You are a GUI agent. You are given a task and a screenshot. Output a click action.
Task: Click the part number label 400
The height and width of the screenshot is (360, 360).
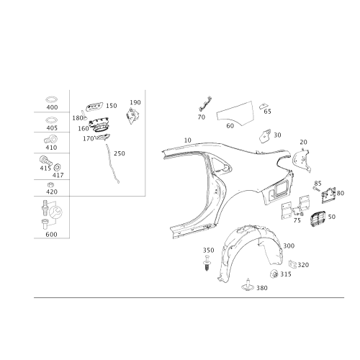pyautogui.click(x=52, y=107)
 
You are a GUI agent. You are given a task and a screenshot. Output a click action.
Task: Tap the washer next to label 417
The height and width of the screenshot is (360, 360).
pyautogui.click(x=58, y=167)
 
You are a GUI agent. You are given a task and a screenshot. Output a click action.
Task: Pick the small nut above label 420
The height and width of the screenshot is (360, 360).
pyautogui.click(x=50, y=185)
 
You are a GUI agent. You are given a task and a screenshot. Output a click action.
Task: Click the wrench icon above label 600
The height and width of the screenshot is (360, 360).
pyautogui.click(x=55, y=212)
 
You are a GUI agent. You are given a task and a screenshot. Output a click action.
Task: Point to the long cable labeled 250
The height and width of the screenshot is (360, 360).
pyautogui.click(x=112, y=163)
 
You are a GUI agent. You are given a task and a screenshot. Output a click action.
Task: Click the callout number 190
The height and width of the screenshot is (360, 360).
pyautogui.click(x=135, y=102)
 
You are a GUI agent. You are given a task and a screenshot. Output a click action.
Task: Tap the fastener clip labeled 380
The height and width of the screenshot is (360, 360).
pyautogui.click(x=248, y=285)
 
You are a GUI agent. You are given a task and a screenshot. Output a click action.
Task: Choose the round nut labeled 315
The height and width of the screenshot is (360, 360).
pyautogui.click(x=274, y=274)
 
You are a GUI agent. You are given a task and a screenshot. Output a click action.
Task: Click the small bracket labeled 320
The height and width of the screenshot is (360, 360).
pyautogui.click(x=292, y=264)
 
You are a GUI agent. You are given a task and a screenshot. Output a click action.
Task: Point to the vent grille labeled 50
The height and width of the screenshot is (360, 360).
pyautogui.click(x=318, y=219)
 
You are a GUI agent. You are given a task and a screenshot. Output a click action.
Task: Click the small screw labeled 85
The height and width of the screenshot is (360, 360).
pyautogui.click(x=316, y=189)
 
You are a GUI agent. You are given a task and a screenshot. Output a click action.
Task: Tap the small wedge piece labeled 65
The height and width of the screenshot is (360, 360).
pyautogui.click(x=264, y=106)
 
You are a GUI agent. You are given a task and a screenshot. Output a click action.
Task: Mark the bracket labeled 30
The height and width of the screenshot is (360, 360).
pyautogui.click(x=265, y=136)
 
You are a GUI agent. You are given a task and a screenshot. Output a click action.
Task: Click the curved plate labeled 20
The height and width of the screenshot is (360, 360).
pyautogui.click(x=302, y=160)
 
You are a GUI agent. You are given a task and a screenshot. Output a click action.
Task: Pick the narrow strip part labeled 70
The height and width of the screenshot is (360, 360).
pyautogui.click(x=205, y=104)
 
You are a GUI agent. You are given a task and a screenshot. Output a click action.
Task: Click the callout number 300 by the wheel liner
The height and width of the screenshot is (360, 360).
pyautogui.click(x=289, y=246)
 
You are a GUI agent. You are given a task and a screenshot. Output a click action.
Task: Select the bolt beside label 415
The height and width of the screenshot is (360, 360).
pyautogui.click(x=45, y=160)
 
